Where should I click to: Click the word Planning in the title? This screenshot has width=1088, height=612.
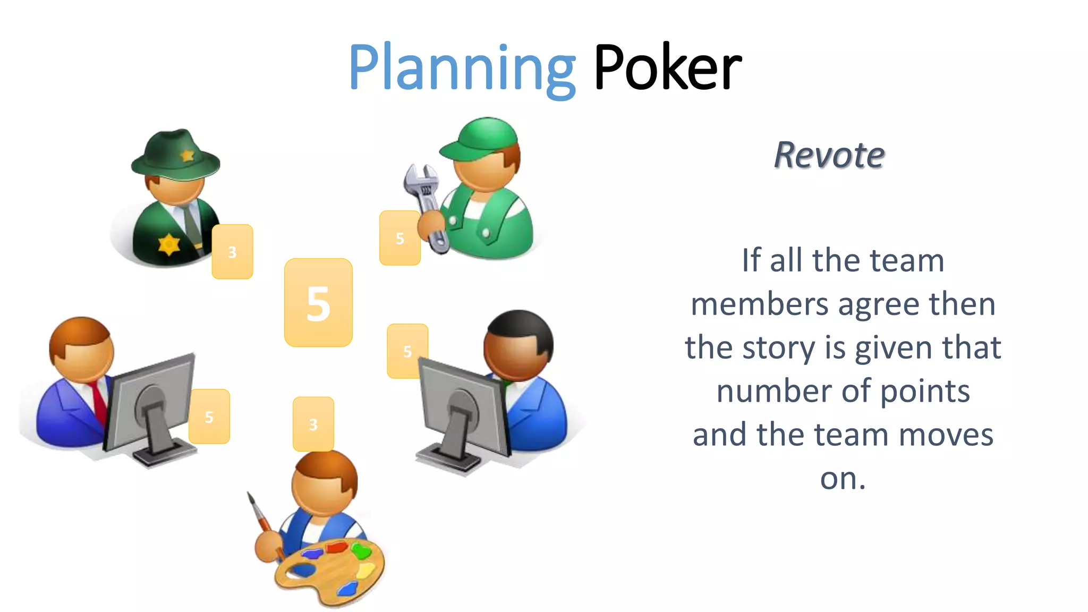click(461, 68)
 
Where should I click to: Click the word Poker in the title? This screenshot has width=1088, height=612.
click(667, 68)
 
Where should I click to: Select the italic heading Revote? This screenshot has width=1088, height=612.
click(829, 155)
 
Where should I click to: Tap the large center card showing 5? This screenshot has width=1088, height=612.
click(318, 303)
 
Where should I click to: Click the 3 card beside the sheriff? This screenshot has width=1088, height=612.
click(232, 252)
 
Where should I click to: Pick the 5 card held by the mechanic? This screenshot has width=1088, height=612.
click(399, 238)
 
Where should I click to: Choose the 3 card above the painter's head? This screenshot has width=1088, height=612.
click(313, 424)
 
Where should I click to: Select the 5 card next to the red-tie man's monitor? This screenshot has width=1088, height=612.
click(209, 416)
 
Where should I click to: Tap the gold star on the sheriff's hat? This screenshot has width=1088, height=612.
click(187, 155)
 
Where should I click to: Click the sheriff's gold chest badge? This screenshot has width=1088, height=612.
click(169, 244)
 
